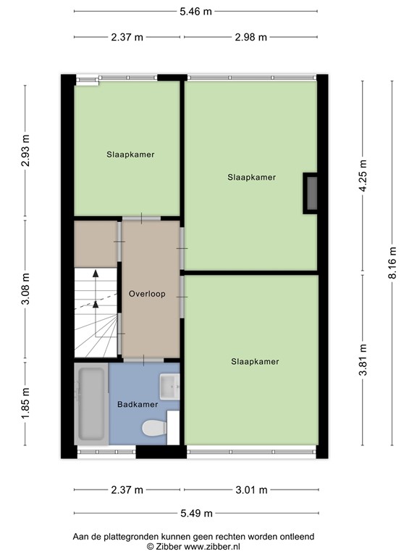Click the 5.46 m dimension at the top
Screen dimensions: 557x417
pos(196,11)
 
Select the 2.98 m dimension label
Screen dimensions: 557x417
pos(249,38)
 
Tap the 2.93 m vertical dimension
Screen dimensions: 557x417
pos(26,150)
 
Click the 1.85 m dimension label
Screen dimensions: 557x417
pos(26,405)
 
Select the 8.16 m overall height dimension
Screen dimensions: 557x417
pos(392,263)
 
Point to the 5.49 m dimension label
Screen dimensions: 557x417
pos(196,513)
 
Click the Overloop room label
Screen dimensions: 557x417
pos(147,294)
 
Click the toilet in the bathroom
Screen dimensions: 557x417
pos(154,429)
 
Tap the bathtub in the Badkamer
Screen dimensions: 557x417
pos(91,404)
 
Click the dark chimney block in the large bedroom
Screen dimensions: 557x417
pos(311,193)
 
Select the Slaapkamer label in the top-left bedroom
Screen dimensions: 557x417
pos(130,154)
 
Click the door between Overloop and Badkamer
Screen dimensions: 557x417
pos(143,360)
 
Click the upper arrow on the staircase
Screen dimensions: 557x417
pos(95,274)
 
